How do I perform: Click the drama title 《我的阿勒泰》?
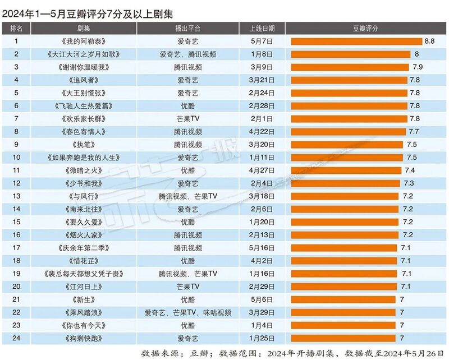coord(80,41)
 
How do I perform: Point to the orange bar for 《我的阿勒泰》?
coord(356,41)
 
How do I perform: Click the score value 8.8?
coord(429,41)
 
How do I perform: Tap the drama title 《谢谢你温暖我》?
coord(80,67)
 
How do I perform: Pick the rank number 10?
coord(16,157)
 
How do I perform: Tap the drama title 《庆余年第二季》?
coord(80,247)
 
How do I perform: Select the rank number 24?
coord(16,338)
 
